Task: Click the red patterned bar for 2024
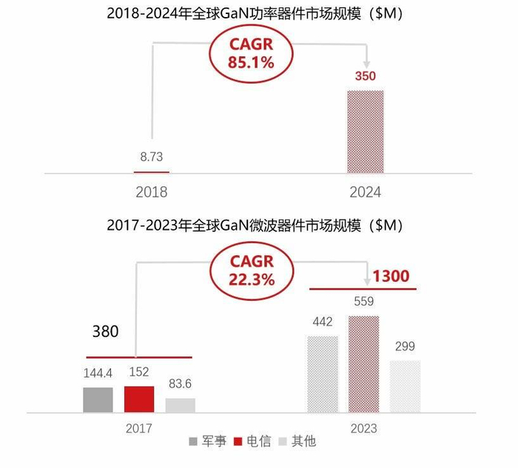coord(366,132)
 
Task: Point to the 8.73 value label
coord(151,157)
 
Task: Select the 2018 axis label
coord(151,192)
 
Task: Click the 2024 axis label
coord(365,192)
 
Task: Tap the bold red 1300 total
coord(390,277)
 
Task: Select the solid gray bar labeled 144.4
coord(98,399)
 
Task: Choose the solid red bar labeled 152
coord(139,399)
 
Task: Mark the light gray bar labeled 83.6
coord(181,405)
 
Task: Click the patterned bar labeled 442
coord(323,374)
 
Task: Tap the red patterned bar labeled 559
coord(363,364)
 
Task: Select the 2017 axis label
coord(138,428)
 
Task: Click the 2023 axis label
coord(363,428)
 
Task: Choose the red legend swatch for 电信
coord(239,441)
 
